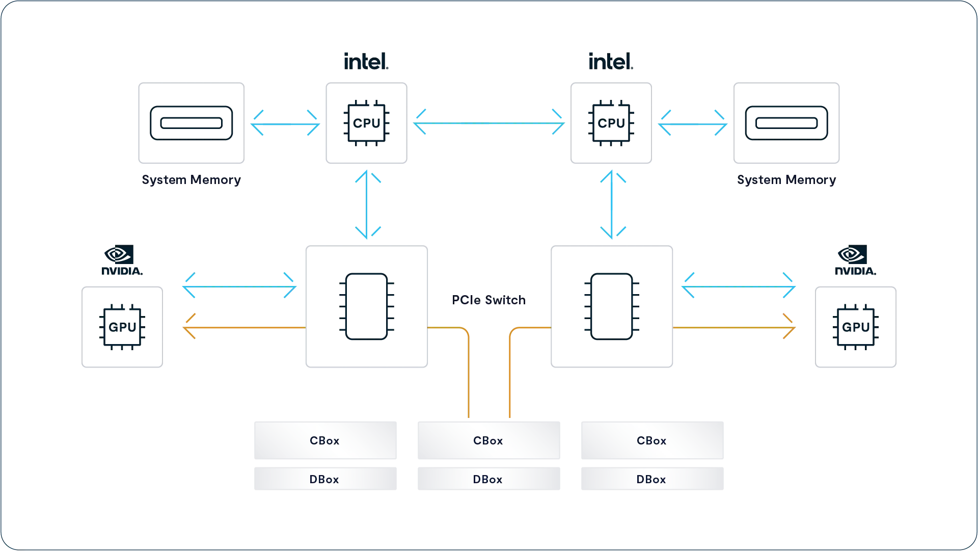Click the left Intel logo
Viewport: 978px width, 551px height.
coord(366,61)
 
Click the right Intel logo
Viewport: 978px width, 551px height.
coord(611,61)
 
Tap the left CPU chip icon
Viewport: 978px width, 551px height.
coord(367,123)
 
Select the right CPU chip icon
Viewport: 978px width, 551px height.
coord(611,123)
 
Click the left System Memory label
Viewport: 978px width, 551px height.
coord(191,180)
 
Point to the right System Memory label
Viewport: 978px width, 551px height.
coord(786,180)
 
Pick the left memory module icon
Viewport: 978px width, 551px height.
coord(192,123)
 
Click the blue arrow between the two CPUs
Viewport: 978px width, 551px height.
coord(489,123)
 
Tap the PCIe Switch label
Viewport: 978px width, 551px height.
coord(489,300)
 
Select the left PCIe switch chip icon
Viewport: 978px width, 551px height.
coord(367,306)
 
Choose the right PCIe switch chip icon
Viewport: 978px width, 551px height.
coord(612,306)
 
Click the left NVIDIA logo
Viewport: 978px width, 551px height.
coord(122,260)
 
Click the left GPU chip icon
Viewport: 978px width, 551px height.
coord(122,327)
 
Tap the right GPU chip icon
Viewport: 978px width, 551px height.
coord(856,327)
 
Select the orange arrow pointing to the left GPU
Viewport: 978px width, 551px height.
coord(244,327)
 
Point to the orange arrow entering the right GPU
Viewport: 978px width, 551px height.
coord(734,327)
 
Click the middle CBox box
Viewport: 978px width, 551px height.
coord(489,440)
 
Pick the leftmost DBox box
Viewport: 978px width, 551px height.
coord(325,479)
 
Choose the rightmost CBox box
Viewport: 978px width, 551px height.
coord(653,440)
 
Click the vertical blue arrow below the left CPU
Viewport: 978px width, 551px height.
coord(367,204)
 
